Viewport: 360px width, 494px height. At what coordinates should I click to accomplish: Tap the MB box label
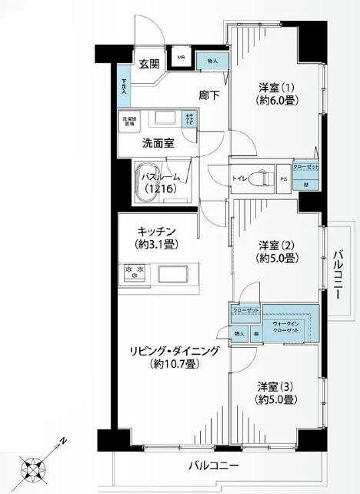point(182,57)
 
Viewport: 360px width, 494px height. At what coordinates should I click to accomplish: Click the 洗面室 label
point(158,142)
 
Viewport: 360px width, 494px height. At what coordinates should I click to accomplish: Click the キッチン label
point(159,231)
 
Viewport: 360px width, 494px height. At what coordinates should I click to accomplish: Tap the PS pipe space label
point(283,180)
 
